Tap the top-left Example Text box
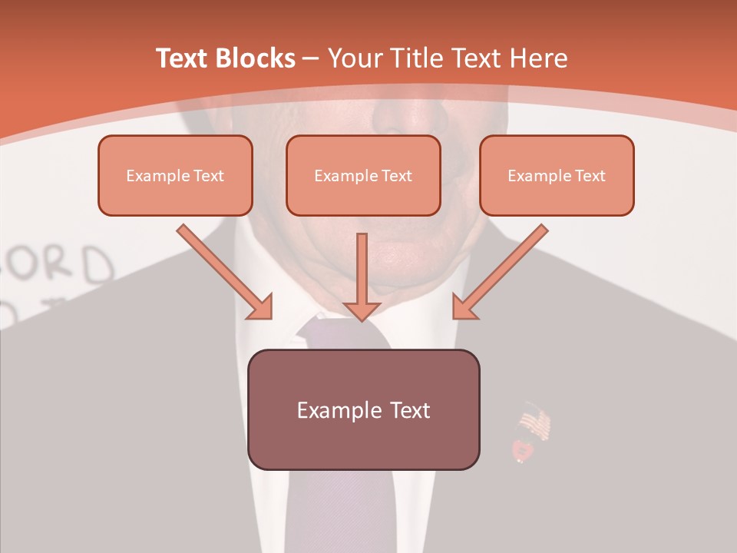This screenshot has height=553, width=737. coord(175,175)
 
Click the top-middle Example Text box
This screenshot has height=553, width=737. coord(363,175)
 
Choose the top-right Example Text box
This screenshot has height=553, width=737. coord(557,175)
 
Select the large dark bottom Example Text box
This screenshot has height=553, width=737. coord(363,409)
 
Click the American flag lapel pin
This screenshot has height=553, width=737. coord(534,423)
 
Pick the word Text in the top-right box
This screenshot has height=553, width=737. coord(590,175)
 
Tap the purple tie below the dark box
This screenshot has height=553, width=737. coord(338,511)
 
